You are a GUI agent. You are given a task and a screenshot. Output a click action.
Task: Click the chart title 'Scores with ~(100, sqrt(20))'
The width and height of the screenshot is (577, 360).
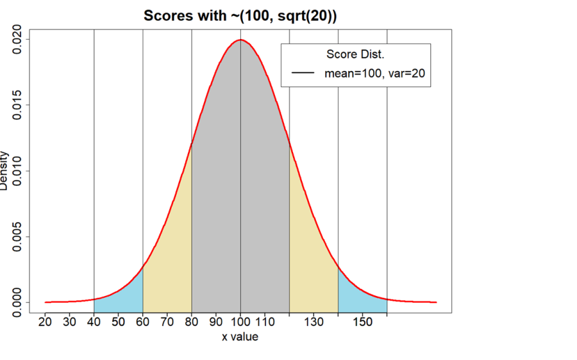coord(240,16)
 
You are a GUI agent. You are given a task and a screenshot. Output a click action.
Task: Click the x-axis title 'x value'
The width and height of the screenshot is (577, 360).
coord(240,336)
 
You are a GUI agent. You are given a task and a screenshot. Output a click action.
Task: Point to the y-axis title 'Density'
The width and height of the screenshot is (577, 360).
coord(5,170)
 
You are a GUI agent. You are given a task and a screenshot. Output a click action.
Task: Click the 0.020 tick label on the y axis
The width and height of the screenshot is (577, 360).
coord(16,40)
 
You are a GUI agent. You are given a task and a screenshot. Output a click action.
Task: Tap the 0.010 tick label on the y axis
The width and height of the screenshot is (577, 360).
coord(16,171)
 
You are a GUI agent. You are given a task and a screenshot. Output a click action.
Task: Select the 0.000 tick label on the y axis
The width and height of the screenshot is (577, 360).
coord(16,302)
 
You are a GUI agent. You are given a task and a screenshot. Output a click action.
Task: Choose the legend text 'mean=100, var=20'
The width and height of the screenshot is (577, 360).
coord(374,74)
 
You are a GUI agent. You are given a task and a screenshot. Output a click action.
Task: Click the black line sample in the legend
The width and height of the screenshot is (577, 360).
coord(303,74)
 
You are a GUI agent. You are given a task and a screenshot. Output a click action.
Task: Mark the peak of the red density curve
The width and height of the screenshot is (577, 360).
coord(240,40)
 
